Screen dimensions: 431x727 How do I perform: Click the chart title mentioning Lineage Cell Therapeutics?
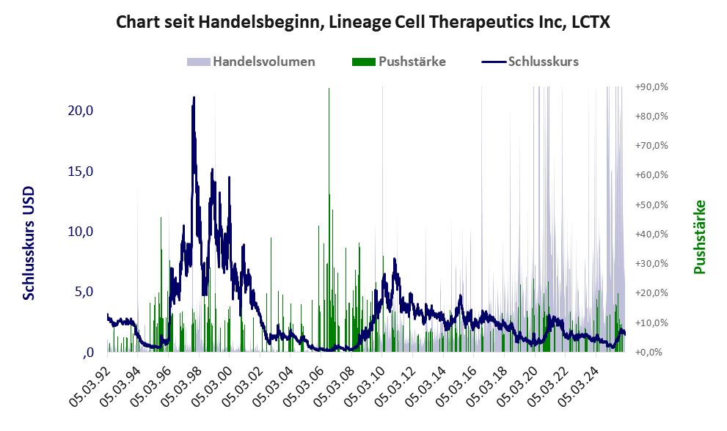[x=363, y=23]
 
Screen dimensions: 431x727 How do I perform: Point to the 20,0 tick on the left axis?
[x=79, y=111]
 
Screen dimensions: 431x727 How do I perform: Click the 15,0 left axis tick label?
[x=79, y=172]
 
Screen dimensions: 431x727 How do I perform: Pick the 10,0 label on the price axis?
[x=79, y=232]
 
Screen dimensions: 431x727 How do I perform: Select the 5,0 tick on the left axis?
[x=82, y=292]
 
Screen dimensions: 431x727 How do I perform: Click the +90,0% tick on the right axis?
[x=651, y=87]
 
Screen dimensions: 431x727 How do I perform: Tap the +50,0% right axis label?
[x=651, y=205]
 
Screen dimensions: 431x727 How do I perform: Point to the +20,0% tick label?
[x=651, y=293]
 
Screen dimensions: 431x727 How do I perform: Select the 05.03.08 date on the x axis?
[x=337, y=383]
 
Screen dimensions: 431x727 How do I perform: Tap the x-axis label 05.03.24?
[x=583, y=383]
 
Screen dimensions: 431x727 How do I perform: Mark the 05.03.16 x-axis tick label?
[x=460, y=383]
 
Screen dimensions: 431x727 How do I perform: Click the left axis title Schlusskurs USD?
[x=29, y=243]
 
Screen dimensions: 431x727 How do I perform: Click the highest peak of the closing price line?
[x=194, y=97]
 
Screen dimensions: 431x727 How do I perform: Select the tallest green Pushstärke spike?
[x=329, y=92]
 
